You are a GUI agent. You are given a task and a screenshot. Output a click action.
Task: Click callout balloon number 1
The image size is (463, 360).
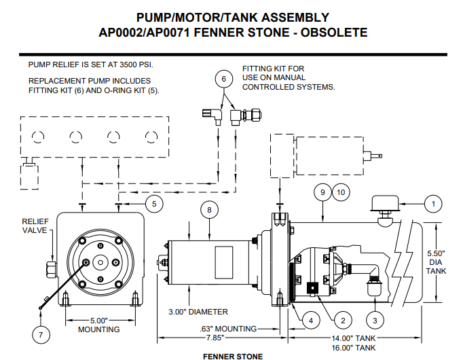(x=432, y=202)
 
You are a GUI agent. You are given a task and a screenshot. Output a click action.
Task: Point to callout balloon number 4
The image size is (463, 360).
(x=309, y=319)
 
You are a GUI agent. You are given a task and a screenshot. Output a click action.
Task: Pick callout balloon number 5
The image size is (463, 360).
(x=153, y=202)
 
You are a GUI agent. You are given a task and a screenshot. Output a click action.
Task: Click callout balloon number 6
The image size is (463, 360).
(x=222, y=79)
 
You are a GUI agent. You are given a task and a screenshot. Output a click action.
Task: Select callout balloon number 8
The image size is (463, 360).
(x=209, y=211)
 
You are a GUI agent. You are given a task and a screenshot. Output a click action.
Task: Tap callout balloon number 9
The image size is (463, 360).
(x=322, y=192)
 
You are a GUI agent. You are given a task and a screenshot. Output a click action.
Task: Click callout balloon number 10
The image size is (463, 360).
(x=341, y=192)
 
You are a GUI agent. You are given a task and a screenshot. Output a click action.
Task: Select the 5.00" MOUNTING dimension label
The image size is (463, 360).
(x=98, y=325)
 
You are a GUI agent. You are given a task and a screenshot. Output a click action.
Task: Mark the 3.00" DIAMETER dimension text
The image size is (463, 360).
(x=198, y=312)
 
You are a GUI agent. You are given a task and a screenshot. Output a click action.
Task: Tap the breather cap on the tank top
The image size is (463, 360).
(x=384, y=206)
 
